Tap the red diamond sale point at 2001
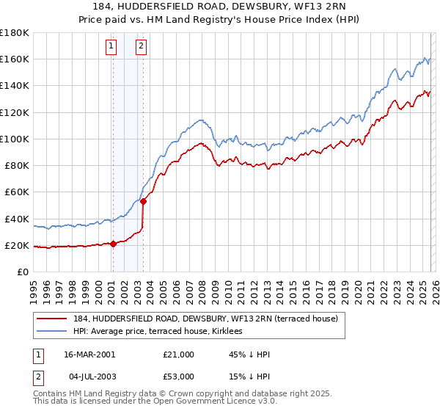pos(113,244)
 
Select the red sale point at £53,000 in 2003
pos(143,201)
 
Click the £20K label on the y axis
pos(16,245)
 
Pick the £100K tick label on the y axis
pos(14,139)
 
